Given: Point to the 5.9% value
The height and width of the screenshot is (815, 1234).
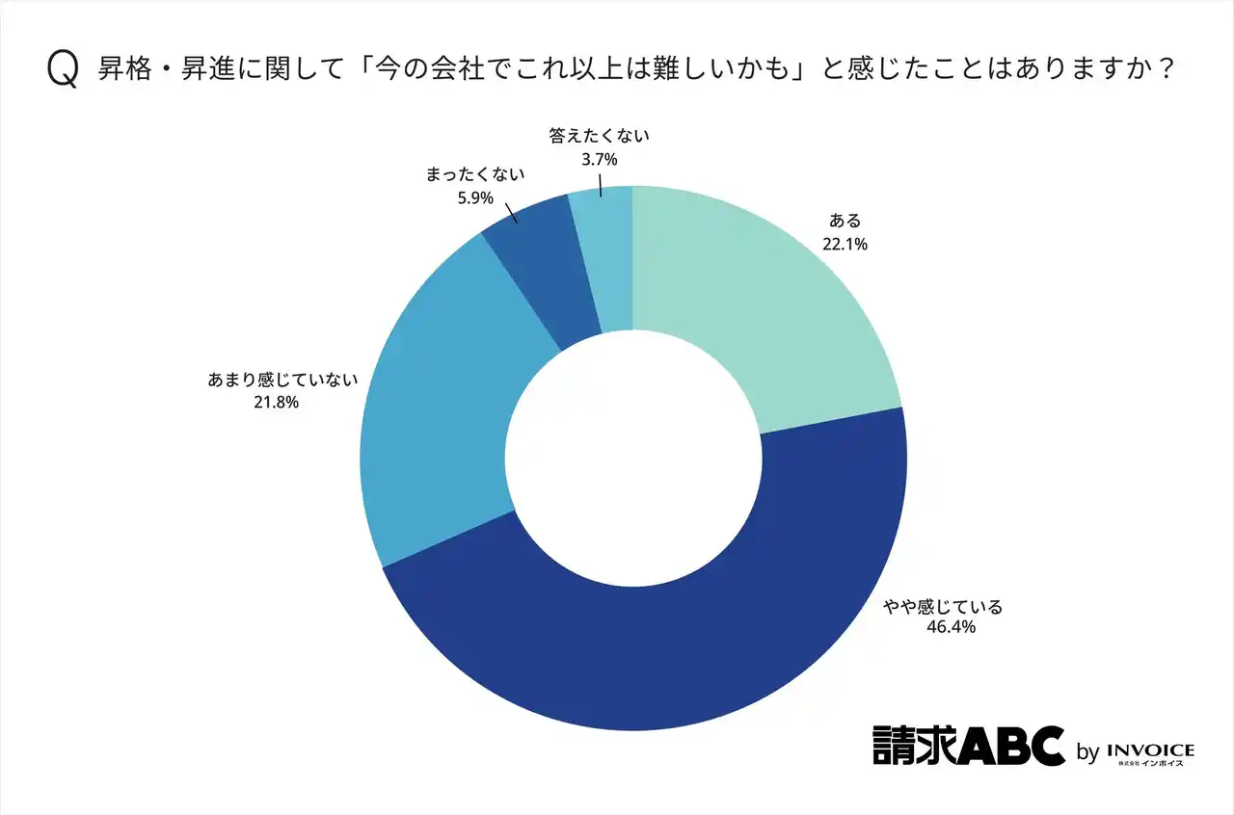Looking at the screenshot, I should click(473, 198).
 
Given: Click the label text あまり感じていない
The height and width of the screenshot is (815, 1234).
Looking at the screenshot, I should click(282, 380).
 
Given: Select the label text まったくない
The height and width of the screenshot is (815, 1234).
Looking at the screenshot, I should click(474, 175).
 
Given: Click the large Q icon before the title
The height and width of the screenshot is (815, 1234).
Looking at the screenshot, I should click(62, 70).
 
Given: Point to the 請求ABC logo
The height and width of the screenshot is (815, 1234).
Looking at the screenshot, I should click(968, 745).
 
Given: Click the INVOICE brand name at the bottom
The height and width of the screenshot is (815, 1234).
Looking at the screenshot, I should click(1151, 749).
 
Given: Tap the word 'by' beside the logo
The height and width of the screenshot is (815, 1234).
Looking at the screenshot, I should click(1086, 752).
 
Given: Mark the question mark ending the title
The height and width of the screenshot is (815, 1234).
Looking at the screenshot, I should click(1166, 70).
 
